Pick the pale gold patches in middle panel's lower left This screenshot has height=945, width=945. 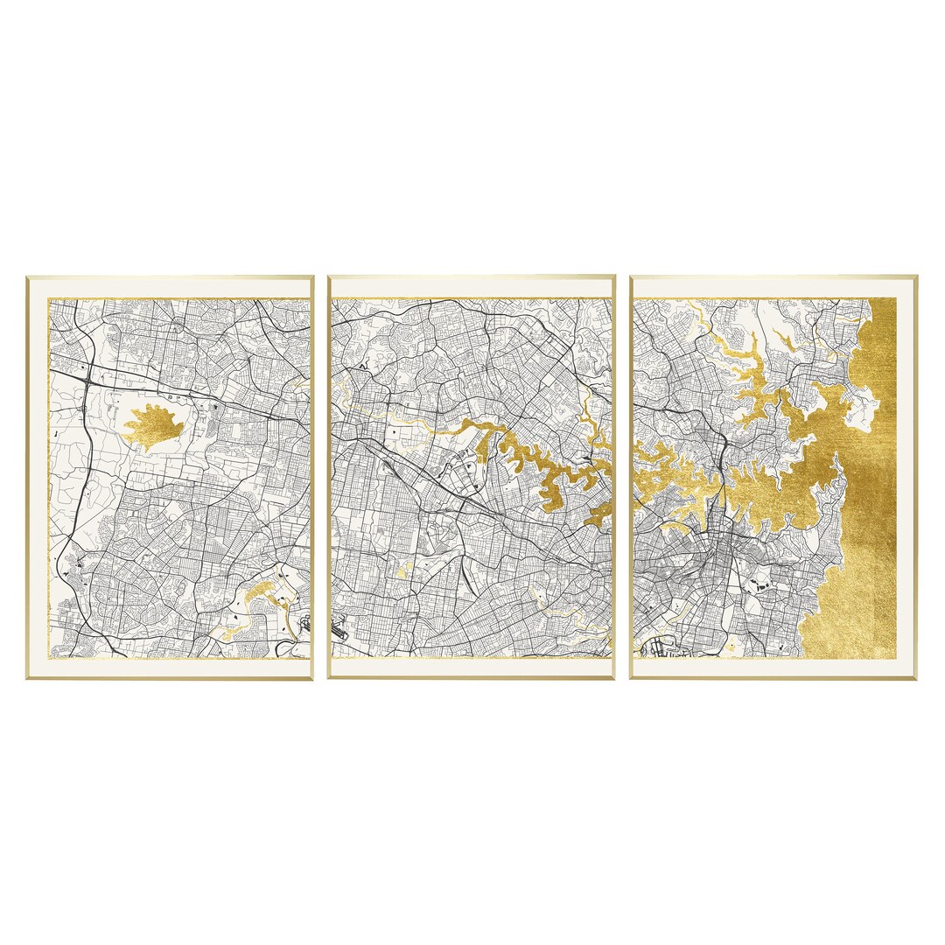pos(402,570)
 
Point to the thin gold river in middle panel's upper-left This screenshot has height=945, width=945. pos(385,411)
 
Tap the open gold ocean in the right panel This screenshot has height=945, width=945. pos(866,525)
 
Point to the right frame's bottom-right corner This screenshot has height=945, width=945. pos(915,678)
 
